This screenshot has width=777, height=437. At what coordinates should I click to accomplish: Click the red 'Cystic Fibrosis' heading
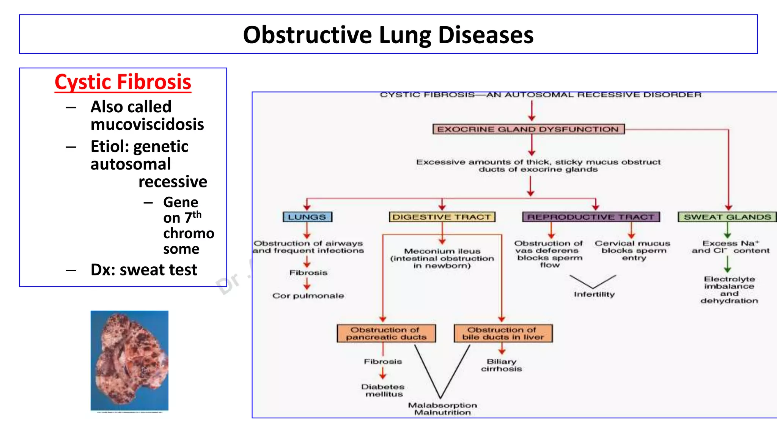[123, 82]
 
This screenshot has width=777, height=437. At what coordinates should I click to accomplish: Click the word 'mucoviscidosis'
[147, 124]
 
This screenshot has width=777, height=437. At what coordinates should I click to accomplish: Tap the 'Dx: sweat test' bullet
[144, 270]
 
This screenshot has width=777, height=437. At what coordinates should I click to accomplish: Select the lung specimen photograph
[129, 360]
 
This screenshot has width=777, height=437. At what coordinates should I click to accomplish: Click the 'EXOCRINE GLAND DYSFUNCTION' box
[528, 129]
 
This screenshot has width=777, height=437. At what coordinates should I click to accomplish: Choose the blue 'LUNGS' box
[307, 217]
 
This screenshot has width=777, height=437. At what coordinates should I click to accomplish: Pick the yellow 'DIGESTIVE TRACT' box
[442, 217]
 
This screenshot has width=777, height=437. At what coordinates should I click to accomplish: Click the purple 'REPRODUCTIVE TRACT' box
[591, 217]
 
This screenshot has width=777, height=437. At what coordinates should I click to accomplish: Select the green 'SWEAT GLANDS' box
[727, 217]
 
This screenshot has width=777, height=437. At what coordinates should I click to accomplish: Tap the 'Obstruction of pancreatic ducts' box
[386, 333]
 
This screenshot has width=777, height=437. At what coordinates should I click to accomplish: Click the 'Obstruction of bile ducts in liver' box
[503, 333]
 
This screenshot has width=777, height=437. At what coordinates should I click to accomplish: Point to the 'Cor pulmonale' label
[308, 296]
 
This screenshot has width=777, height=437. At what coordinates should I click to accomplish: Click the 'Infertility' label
[594, 294]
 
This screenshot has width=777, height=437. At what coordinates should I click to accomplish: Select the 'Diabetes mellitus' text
[383, 390]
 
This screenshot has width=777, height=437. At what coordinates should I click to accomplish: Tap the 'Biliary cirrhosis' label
[502, 365]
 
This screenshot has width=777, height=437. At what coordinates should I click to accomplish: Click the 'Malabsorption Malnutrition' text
[442, 409]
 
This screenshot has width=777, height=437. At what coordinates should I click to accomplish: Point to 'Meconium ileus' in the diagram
[442, 251]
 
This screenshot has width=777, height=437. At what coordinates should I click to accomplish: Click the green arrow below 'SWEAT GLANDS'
[727, 230]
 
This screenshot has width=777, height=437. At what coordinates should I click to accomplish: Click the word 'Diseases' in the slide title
[486, 35]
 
